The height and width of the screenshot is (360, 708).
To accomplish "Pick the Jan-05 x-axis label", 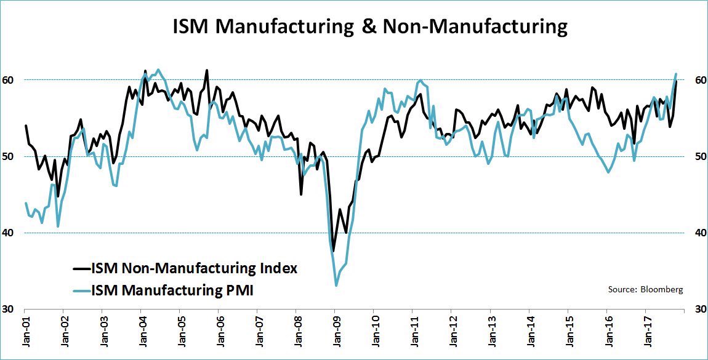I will [181, 332].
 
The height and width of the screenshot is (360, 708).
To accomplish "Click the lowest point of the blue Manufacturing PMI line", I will [336, 286].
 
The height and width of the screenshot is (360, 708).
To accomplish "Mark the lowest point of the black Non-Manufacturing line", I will [333, 251].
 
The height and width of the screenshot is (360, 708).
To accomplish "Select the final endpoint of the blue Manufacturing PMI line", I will [676, 74].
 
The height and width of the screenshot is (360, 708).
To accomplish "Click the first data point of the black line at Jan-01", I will [25, 126].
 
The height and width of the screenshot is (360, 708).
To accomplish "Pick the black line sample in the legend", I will [81, 268].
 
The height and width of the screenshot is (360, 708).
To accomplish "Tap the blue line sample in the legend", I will [81, 290].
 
